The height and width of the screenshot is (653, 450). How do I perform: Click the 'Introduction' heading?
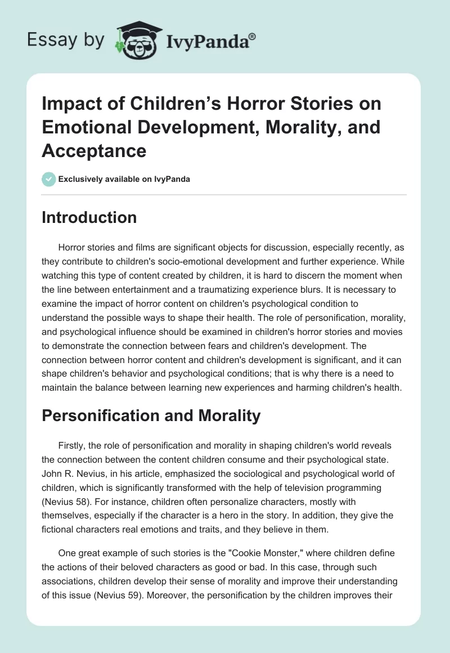click(x=89, y=217)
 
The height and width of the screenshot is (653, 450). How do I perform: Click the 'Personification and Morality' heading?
click(x=151, y=415)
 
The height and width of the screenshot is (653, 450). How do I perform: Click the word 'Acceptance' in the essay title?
click(x=94, y=150)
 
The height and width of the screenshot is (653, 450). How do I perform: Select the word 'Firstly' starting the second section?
click(x=73, y=445)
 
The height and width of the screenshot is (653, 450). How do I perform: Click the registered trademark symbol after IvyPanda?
click(x=253, y=37)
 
